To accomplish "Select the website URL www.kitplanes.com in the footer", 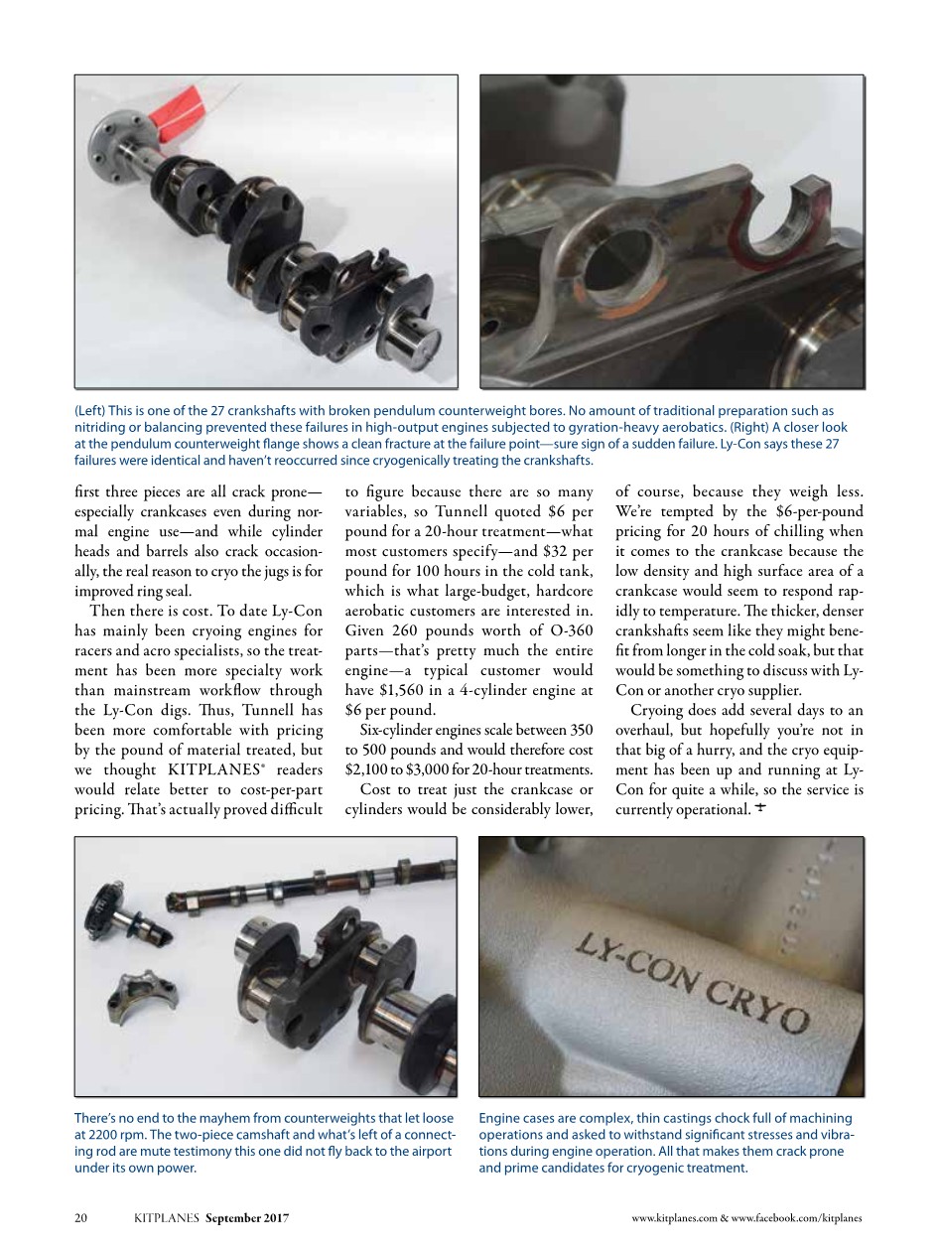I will [674, 1217].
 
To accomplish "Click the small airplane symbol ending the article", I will [760, 809].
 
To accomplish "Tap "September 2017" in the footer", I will [247, 1217].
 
